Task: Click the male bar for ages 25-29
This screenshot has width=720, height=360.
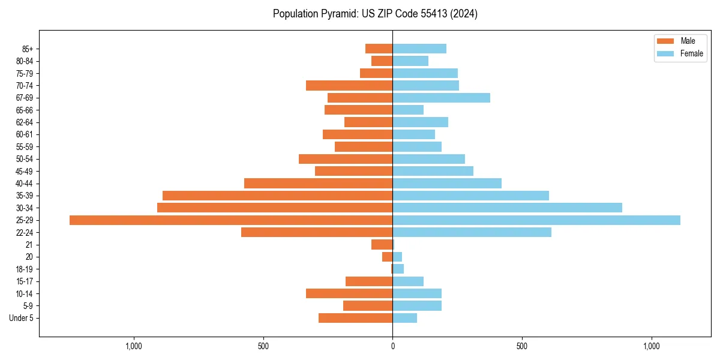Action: click(x=231, y=220)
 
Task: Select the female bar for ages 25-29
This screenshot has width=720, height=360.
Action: click(x=536, y=220)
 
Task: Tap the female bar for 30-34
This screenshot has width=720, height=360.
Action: click(x=507, y=208)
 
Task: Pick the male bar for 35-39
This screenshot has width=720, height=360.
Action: click(x=277, y=196)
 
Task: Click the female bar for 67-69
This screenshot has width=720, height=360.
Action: click(x=441, y=98)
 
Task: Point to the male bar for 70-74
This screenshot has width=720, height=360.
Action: click(x=349, y=86)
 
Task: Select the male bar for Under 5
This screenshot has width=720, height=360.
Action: click(x=355, y=318)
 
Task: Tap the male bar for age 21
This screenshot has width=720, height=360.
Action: click(x=382, y=245)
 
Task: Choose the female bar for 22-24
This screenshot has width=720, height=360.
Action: click(x=472, y=232)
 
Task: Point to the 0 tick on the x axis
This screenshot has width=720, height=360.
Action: click(x=392, y=346)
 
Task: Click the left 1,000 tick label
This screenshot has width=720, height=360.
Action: click(x=133, y=346)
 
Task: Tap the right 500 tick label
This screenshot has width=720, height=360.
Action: click(x=522, y=346)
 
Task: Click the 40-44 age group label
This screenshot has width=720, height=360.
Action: click(x=25, y=184)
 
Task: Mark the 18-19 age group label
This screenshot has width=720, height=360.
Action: click(x=25, y=269)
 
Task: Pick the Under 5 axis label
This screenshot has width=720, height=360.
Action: click(x=22, y=318)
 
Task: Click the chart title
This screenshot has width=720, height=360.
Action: click(x=375, y=14)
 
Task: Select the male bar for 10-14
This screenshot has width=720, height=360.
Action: click(x=349, y=293)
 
